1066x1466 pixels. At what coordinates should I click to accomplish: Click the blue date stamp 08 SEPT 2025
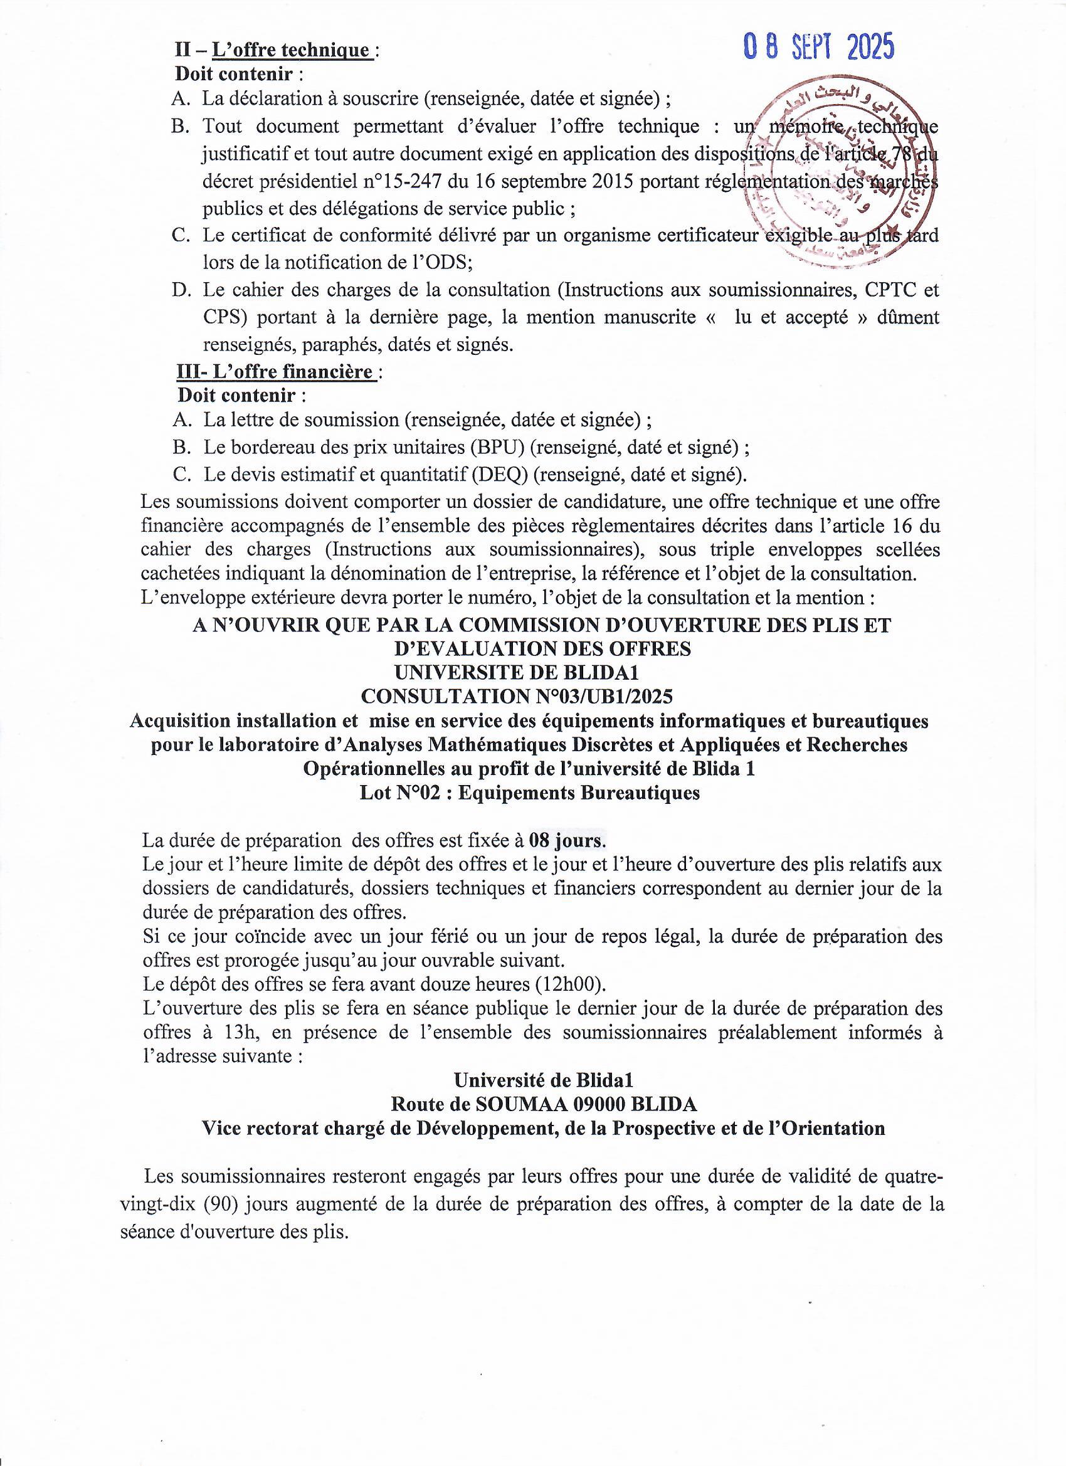(819, 46)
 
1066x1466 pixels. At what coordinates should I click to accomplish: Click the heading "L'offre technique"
(297, 50)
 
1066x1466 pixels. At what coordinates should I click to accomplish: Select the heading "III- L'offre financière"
(277, 372)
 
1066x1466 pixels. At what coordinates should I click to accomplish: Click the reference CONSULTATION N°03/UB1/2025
(517, 696)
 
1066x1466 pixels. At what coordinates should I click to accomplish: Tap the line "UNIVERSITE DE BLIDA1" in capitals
(517, 672)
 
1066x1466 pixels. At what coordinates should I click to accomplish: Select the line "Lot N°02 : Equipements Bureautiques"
(529, 793)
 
